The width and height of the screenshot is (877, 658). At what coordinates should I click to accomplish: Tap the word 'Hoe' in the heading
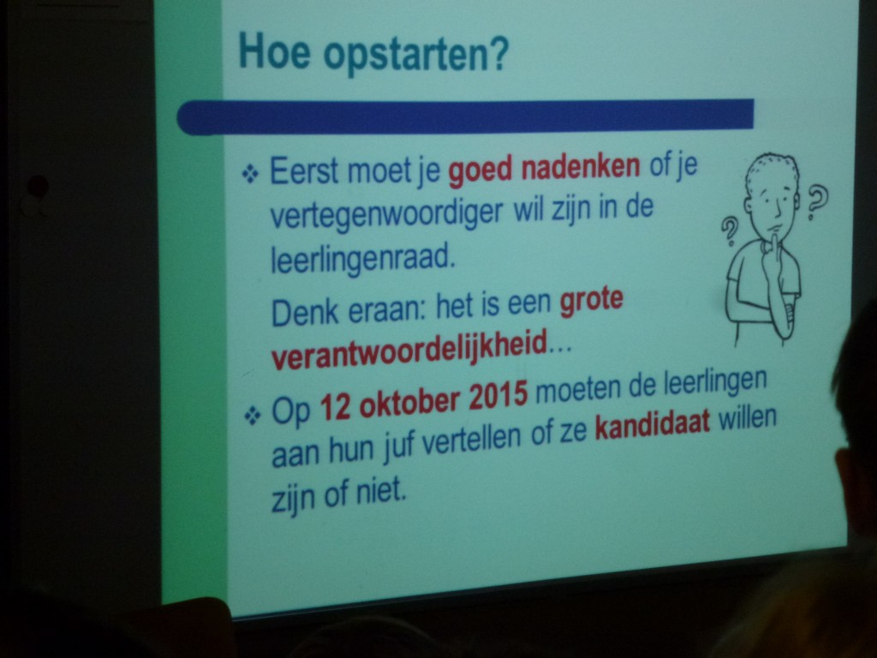pyautogui.click(x=275, y=51)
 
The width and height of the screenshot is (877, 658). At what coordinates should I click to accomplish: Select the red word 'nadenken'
pyautogui.click(x=581, y=167)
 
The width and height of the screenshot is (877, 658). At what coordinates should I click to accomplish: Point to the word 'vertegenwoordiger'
pyautogui.click(x=386, y=212)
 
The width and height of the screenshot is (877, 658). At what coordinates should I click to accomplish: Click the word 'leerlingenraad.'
pyautogui.click(x=361, y=258)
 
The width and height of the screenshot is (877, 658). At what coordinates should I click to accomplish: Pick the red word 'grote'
pyautogui.click(x=591, y=301)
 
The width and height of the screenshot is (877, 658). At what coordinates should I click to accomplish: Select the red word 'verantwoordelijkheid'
pyautogui.click(x=409, y=350)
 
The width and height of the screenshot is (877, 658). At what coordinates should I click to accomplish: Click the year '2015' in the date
pyautogui.click(x=498, y=396)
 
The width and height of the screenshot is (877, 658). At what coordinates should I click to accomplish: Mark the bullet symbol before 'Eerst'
pyautogui.click(x=249, y=175)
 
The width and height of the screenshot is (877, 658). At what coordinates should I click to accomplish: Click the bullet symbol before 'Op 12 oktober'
pyautogui.click(x=253, y=416)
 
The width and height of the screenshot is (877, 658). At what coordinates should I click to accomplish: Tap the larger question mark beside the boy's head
pyautogui.click(x=816, y=202)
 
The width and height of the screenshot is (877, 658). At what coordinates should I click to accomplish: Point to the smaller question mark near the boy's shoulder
pyautogui.click(x=730, y=232)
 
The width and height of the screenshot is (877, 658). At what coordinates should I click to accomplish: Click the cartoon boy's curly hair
pyautogui.click(x=773, y=169)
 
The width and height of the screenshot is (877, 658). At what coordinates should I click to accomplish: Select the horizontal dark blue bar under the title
pyautogui.click(x=465, y=117)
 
